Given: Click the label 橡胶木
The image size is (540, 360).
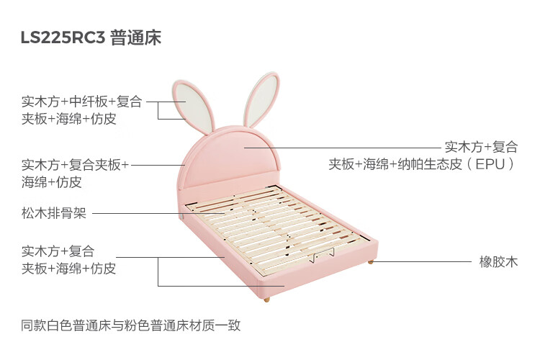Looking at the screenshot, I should click(498, 262).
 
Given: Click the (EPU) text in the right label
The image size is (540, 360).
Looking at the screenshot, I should click(492, 164).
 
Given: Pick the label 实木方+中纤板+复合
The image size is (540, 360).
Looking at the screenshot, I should click(81, 102).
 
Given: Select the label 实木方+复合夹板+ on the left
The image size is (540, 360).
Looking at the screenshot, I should click(75, 165).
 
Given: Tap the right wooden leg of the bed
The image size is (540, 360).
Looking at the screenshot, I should click(371, 260).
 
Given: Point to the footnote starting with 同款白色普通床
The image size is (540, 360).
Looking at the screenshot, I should click(130, 325).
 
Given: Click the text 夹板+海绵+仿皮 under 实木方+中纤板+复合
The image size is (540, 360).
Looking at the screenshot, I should click(68, 119).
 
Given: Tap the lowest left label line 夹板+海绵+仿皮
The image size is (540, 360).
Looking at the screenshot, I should click(68, 269).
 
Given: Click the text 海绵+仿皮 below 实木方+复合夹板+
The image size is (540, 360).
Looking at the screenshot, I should click(51, 182).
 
